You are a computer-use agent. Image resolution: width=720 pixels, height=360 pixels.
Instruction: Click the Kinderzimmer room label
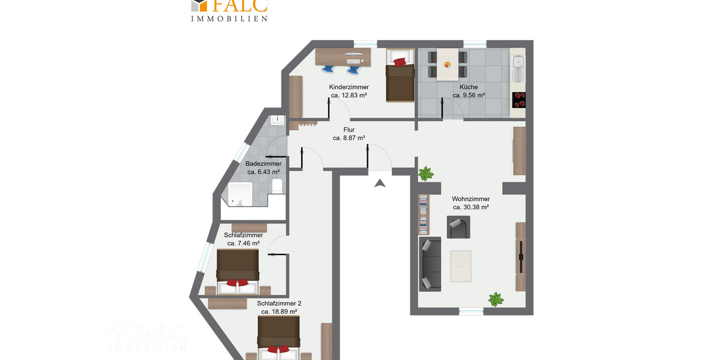349,87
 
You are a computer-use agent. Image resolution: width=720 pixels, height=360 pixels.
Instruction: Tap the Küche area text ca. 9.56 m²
469,95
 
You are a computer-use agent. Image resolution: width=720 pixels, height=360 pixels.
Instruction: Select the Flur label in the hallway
349,130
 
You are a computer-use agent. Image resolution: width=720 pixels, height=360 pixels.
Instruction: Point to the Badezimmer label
263,163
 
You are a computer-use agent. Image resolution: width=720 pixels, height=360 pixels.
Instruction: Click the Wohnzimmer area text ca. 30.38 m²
470,207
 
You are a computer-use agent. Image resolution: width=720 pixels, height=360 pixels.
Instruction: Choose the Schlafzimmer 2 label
279,304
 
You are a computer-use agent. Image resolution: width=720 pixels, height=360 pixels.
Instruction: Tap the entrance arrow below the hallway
379,183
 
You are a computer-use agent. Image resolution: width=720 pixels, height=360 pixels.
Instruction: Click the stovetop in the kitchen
519,100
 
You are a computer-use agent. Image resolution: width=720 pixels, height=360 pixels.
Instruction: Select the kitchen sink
518,63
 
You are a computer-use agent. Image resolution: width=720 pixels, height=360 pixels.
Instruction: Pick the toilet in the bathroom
277,185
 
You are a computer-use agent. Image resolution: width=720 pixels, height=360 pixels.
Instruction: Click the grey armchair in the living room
458,227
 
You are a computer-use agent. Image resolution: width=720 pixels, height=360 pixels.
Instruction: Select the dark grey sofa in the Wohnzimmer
430,264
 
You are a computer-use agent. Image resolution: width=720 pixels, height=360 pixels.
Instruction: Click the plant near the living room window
496,299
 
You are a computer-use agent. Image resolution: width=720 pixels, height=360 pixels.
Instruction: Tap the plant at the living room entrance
426,174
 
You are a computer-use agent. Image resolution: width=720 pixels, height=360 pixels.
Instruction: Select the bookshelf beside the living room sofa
424,214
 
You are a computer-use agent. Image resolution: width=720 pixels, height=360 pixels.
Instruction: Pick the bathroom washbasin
278,120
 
